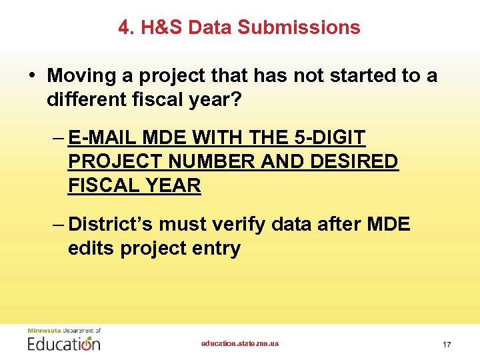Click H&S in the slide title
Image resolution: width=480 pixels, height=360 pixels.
coord(163,27)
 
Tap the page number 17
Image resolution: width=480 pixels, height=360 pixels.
coord(447,344)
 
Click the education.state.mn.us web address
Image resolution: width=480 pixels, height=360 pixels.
coord(240,343)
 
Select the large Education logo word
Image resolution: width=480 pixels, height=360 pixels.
coord(64,343)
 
